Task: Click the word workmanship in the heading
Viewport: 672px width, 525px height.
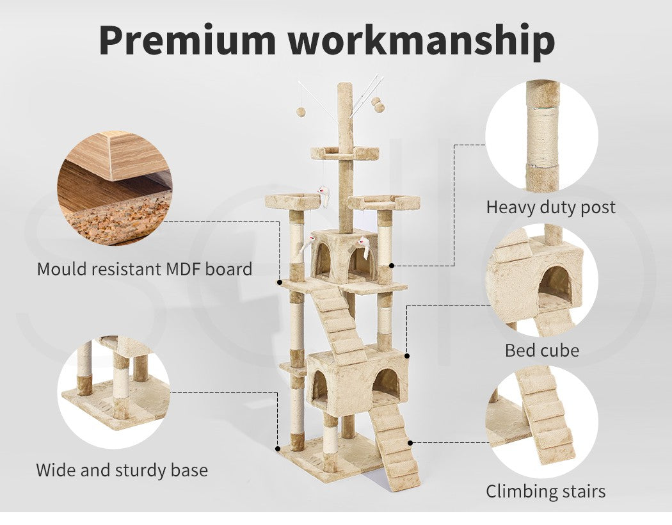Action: tap(421, 41)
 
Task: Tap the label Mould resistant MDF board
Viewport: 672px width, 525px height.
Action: tap(145, 269)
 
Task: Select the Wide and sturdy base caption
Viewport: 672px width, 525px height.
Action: tap(122, 470)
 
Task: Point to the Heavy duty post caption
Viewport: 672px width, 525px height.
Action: tap(550, 207)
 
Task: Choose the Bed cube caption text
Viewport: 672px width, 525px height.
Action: tap(542, 350)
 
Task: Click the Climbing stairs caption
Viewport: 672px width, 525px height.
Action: tap(545, 491)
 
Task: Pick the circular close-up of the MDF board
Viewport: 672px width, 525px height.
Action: tap(115, 188)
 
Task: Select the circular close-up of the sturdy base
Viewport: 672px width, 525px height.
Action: tap(114, 392)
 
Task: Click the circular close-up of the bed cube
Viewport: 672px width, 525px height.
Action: tap(541, 280)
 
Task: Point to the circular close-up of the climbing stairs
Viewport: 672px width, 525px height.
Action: tap(541, 422)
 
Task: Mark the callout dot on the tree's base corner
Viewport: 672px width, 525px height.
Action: tap(278, 449)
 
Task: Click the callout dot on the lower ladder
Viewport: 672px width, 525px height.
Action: tap(410, 443)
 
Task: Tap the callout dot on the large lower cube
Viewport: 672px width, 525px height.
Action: tap(406, 356)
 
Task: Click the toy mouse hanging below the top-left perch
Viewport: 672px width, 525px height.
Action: tap(324, 195)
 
